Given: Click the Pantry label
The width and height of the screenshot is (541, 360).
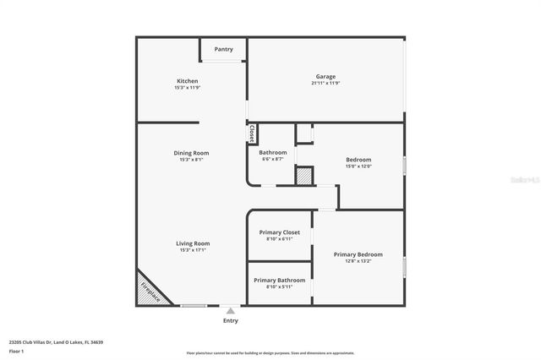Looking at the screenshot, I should (223, 49).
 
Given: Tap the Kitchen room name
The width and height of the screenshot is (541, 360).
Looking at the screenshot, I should (187, 81).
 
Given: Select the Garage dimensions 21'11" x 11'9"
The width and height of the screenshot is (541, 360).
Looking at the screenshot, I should (325, 84).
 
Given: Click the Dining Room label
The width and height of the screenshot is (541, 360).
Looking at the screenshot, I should (191, 153).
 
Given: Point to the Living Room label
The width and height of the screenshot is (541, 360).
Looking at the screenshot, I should (194, 243).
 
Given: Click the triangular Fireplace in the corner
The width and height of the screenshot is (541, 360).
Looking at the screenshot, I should (150, 290).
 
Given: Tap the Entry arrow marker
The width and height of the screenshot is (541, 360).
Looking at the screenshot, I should (230, 311).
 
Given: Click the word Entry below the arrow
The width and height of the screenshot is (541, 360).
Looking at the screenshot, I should (230, 321).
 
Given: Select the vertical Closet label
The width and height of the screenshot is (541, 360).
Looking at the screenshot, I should (252, 134).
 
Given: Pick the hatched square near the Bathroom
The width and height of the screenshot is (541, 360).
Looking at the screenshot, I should (303, 175).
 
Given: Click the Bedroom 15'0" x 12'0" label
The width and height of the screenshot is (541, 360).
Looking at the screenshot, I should (358, 160).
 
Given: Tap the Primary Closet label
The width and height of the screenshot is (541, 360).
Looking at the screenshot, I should (279, 232).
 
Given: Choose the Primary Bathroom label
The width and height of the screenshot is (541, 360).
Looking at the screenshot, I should (279, 280).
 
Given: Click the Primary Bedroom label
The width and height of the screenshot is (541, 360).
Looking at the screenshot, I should (358, 254).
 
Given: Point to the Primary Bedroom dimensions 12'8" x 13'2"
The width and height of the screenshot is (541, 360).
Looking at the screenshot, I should (358, 261).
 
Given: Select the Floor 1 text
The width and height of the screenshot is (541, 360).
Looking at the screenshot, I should (16, 351).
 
